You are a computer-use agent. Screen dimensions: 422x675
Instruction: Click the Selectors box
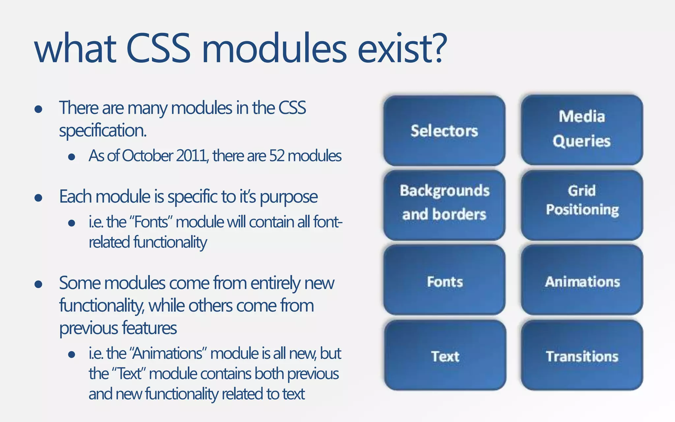coord(444,131)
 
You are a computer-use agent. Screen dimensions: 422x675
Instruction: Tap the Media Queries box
coord(582,130)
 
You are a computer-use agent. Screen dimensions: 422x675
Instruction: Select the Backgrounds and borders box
coord(444,205)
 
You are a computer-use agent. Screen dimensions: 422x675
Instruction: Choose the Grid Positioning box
coord(582,205)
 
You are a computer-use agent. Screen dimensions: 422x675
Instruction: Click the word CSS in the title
coord(158,49)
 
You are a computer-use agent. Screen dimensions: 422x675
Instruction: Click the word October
coord(148,156)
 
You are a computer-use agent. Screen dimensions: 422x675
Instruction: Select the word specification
coord(103,131)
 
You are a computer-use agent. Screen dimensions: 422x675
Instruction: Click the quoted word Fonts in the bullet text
coord(152,222)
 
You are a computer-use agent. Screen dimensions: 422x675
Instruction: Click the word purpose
coord(289,197)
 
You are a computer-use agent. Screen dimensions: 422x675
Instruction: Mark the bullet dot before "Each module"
coord(38,198)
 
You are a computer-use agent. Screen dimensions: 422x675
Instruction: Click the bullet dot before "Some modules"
coord(38,284)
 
